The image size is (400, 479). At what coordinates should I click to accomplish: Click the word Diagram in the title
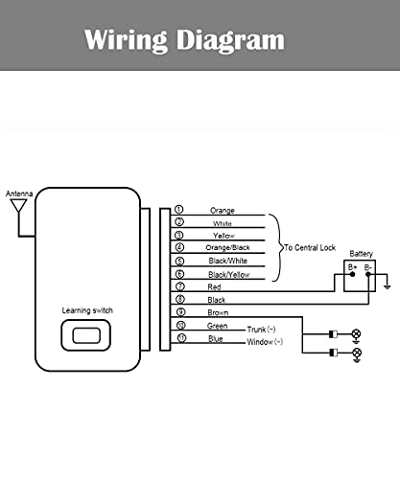click(x=230, y=40)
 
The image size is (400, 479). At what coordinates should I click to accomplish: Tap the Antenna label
click(x=19, y=194)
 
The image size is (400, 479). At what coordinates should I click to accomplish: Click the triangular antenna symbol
click(x=18, y=205)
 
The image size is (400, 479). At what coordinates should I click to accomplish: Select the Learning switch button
click(x=86, y=335)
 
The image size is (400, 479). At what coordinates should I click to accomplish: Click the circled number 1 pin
click(x=178, y=209)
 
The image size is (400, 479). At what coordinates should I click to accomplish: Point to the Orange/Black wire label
click(x=227, y=247)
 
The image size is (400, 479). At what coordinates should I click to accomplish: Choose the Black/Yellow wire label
click(x=229, y=274)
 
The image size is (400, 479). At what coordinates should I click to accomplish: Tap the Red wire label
click(x=214, y=286)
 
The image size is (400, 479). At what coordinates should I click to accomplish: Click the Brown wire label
click(x=218, y=312)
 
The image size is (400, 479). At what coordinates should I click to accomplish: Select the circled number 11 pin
click(x=181, y=338)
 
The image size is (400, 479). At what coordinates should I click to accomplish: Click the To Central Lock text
click(x=310, y=247)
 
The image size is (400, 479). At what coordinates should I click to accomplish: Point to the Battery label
click(x=361, y=254)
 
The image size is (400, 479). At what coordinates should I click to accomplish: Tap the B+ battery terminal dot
click(x=353, y=274)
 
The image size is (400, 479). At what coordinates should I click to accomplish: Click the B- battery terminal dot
click(x=368, y=274)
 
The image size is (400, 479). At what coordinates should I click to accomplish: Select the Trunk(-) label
click(x=261, y=330)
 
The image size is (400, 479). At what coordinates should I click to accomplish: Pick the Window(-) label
click(x=265, y=342)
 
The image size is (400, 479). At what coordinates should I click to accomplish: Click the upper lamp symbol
click(x=356, y=334)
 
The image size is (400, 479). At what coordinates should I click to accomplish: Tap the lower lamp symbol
click(x=357, y=353)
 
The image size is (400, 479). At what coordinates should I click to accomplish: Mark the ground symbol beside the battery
click(x=388, y=287)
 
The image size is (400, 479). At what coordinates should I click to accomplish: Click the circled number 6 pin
click(x=180, y=274)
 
